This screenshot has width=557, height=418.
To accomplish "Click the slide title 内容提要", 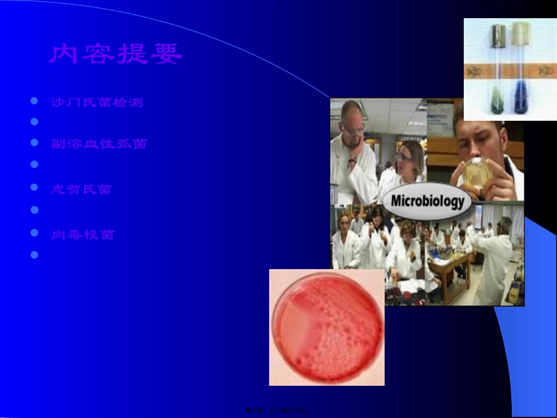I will [116, 54].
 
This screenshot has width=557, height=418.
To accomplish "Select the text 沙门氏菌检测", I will [97, 103].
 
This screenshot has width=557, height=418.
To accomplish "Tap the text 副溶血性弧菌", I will [99, 144].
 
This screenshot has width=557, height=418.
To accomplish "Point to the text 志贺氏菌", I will [81, 189].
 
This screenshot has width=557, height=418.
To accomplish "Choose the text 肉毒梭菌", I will [83, 235].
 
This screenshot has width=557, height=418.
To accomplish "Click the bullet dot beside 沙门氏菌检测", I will [35, 102].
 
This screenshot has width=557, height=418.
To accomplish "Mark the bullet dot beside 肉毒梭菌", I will [35, 233].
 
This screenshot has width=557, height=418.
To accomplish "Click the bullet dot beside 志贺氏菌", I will [35, 188].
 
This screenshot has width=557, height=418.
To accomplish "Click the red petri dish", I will [327, 328].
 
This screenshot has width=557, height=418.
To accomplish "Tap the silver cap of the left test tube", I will [499, 35].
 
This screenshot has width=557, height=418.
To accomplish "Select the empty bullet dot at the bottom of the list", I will [35, 255].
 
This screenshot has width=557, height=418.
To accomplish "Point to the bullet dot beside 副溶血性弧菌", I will [35, 143].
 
